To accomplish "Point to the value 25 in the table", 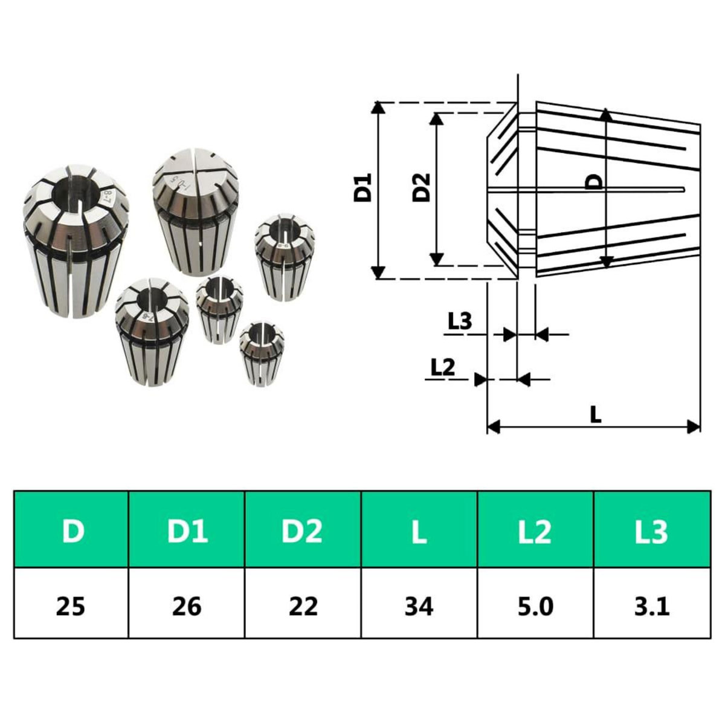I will [x=71, y=605].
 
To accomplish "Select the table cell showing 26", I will [x=187, y=605].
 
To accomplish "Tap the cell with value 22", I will [x=303, y=605].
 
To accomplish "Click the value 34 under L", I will [x=419, y=605].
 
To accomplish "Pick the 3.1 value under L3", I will [x=652, y=605].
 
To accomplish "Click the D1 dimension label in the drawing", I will [x=363, y=188].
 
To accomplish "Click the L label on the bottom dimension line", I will [x=596, y=414].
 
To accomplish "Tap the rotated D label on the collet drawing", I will [x=594, y=182].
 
